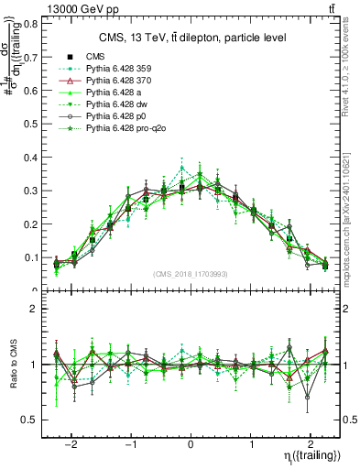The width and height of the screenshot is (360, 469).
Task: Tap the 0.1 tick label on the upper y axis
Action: tap(31, 258)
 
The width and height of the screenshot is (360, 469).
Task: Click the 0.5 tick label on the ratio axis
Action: tap(31, 420)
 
